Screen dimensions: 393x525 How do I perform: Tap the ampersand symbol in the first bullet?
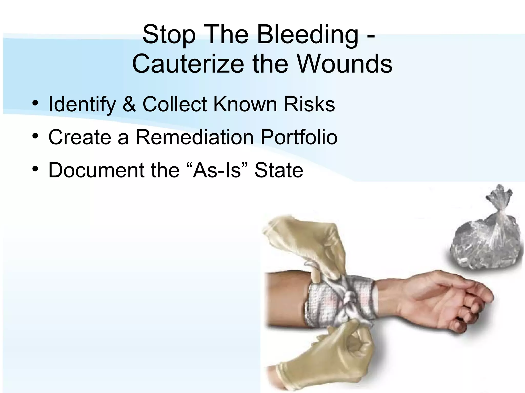pyautogui.click(x=129, y=104)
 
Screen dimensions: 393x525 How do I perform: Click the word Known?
pyautogui.click(x=245, y=104)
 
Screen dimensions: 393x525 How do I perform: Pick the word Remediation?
pyautogui.click(x=194, y=137)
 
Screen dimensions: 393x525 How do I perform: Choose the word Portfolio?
pyautogui.click(x=299, y=137)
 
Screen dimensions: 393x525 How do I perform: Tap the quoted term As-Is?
pyautogui.click(x=217, y=170)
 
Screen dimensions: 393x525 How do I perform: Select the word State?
pyautogui.click(x=279, y=170)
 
